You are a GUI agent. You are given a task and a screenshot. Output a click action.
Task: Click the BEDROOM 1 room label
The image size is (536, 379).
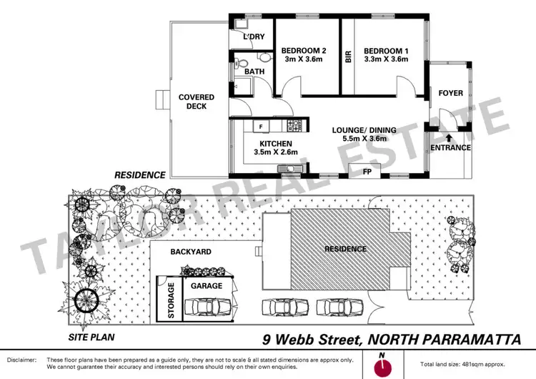pyautogui.click(x=385, y=51)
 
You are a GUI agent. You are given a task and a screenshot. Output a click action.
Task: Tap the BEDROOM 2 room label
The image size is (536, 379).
pyautogui.click(x=304, y=51)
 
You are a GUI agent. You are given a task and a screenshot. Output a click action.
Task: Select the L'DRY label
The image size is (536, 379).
pyautogui.click(x=254, y=37)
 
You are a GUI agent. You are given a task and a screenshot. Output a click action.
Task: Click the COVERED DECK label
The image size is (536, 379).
pyautogui.click(x=192, y=102)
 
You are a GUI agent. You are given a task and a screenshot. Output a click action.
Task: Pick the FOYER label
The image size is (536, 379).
pyautogui.click(x=450, y=93)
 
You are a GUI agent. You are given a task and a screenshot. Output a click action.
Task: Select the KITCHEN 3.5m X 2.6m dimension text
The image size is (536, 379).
pyautogui.click(x=265, y=152)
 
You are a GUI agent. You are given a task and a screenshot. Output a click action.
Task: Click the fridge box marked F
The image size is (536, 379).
pyautogui.click(x=261, y=127)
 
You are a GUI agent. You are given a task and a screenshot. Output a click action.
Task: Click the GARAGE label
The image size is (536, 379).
pyautogui.click(x=206, y=285)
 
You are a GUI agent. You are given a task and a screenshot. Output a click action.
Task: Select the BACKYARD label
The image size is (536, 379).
pyautogui.click(x=191, y=252)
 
